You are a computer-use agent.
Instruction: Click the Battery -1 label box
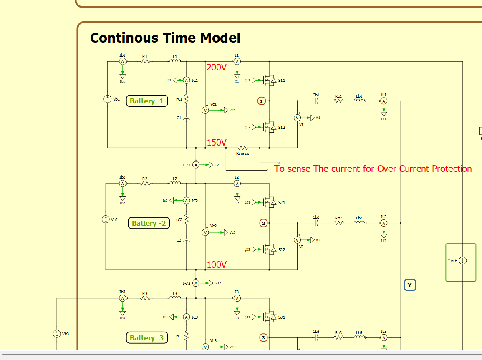coord(147,101)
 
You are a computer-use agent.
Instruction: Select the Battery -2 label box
coord(149,223)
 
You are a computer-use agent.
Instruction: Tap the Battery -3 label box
coord(147,338)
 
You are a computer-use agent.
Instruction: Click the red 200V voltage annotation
coord(216,67)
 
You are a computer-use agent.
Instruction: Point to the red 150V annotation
coord(216,143)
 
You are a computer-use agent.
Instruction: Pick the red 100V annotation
coord(216,264)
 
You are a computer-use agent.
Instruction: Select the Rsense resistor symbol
coord(242,148)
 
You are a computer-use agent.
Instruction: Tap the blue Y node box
coord(410,285)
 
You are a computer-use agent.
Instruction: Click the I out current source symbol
coord(463,261)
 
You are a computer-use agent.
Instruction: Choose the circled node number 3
coord(263,337)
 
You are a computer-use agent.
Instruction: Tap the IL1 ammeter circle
coord(384,101)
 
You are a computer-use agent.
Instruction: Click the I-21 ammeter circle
coord(196,165)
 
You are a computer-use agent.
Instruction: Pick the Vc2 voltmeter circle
coord(205,232)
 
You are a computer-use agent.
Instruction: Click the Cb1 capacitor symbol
coord(316,101)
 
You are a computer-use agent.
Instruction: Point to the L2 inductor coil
coord(175,183)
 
